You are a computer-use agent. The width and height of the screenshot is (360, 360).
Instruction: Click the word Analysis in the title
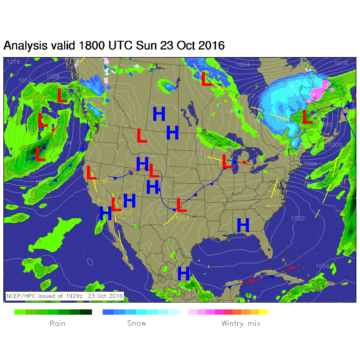coord(25,46)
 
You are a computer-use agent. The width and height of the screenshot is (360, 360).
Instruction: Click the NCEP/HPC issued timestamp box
coord(65,296)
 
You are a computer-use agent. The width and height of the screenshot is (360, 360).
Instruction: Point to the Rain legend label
coord(57,323)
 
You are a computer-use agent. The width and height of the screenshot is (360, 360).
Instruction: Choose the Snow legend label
coord(136,323)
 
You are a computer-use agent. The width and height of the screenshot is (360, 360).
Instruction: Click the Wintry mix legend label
coord(241,323)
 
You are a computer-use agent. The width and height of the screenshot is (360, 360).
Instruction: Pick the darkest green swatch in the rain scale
coord(86,312)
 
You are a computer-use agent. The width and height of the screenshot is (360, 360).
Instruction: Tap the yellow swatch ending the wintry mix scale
coord(264,312)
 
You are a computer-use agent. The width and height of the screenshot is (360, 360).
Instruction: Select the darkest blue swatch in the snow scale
coord(108,312)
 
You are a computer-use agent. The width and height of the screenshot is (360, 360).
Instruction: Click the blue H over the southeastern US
coord(243,225)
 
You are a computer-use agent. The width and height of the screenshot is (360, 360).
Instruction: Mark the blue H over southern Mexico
coord(184,273)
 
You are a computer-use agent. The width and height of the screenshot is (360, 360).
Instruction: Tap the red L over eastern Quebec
coord(307,117)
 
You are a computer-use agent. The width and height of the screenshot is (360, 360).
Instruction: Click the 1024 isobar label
coord(243,65)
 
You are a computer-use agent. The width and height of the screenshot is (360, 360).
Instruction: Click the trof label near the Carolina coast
coord(281,193)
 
